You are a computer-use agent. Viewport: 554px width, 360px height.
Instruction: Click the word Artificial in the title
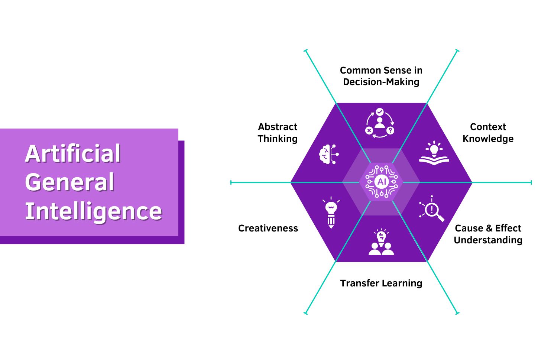pos(73,153)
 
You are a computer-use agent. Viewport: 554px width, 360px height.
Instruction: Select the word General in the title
pos(69,182)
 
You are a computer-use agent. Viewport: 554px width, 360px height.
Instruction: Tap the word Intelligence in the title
pos(93,211)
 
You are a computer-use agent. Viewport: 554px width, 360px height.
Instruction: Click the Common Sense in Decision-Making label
pos(381,76)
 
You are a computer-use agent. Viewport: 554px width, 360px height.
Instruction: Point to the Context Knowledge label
pos(488,133)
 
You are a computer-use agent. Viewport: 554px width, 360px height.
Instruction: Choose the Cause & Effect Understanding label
pos(488,234)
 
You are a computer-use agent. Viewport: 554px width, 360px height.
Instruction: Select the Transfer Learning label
pos(381,283)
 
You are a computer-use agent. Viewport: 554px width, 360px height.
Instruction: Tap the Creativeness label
pos(268,228)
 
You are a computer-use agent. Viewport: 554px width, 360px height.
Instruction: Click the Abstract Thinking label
pos(278,133)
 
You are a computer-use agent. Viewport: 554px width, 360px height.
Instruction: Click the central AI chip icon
pos(381,182)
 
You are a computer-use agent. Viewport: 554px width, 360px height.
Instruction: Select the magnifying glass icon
pos(432,209)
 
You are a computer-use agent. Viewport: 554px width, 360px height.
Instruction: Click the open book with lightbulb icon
pos(434,153)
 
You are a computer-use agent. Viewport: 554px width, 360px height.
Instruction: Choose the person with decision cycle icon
pos(379,123)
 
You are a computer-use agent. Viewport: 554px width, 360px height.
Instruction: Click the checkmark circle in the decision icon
pos(379,111)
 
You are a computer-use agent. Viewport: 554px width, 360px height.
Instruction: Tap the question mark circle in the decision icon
pos(390,130)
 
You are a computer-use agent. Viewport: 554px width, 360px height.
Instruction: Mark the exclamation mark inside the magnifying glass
pos(431,209)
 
